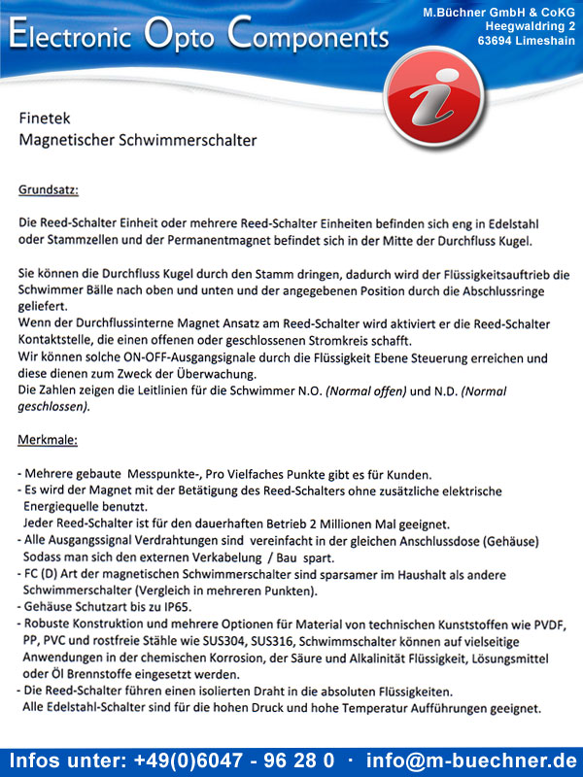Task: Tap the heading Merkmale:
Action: (x=48, y=440)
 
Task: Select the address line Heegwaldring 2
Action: (x=530, y=25)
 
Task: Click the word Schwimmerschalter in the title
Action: (x=189, y=140)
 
